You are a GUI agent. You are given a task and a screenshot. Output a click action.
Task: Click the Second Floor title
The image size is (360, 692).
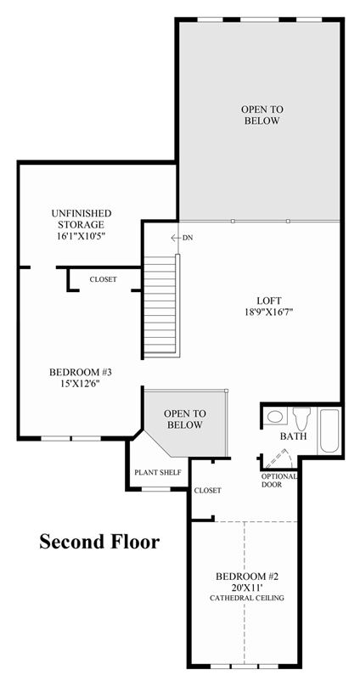click(99, 542)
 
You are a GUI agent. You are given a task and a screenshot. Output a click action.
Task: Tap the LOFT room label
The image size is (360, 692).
click(269, 301)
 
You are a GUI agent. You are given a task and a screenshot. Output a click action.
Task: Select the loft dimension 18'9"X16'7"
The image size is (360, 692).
click(269, 312)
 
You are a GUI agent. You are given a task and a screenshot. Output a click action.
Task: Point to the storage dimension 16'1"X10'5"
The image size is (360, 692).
click(82, 236)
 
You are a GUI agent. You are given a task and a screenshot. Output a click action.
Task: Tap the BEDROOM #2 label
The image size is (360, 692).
click(248, 577)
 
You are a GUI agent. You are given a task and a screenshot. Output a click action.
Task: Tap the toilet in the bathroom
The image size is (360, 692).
click(301, 419)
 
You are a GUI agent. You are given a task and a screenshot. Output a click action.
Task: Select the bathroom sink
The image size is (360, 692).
click(276, 417)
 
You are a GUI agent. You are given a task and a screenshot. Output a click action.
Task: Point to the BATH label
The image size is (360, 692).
click(294, 437)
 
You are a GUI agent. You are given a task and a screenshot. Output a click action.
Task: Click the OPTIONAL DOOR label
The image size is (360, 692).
click(279, 481)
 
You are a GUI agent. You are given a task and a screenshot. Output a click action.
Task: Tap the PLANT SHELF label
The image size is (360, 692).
click(158, 473)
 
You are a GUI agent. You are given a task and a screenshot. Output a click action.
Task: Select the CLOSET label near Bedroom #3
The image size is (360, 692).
click(104, 279)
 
